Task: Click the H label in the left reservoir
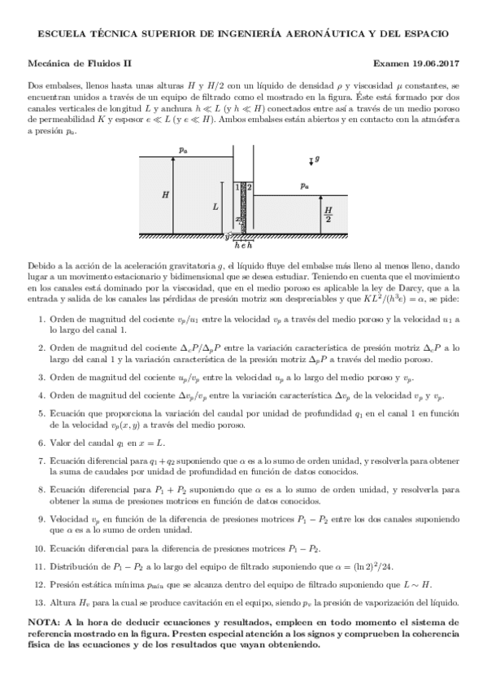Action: pos(166,195)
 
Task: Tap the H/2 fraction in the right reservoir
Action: pos(328,215)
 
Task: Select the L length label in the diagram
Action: pos(215,207)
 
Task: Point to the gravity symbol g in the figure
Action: pos(317,160)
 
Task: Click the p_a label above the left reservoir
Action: pos(183,150)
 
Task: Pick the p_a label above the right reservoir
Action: pos(303,186)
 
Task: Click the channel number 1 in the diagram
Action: pos(237,187)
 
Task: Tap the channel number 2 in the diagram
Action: pos(249,187)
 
